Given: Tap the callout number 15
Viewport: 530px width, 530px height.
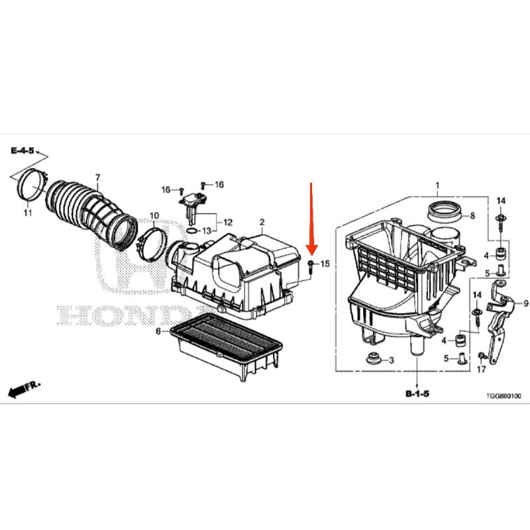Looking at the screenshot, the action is click(x=325, y=263).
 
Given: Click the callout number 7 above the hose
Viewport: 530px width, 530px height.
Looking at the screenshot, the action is click(x=97, y=178).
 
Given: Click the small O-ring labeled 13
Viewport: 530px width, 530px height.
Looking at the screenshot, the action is click(x=191, y=231).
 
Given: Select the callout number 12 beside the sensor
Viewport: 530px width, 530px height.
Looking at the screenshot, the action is click(x=228, y=223).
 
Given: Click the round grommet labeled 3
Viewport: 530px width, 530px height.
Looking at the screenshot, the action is click(x=374, y=358).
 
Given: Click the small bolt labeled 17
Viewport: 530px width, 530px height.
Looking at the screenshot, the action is click(x=482, y=356).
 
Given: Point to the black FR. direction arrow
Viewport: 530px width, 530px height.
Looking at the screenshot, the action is click(x=24, y=390).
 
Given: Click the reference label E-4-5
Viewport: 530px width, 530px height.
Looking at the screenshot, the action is click(x=23, y=150).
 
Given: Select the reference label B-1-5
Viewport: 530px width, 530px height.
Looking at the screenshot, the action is click(x=417, y=394).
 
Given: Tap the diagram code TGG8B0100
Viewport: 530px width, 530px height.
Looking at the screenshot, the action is click(x=503, y=396).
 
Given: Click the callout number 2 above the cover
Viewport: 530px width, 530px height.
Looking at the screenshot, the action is click(x=262, y=222).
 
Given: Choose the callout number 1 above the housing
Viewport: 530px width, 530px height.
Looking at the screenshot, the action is click(x=437, y=185).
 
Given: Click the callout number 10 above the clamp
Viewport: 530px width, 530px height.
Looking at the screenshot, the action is click(x=154, y=215).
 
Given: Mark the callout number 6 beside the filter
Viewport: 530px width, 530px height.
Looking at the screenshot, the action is click(x=158, y=331).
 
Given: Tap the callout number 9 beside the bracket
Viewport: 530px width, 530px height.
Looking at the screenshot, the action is click(x=525, y=303).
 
